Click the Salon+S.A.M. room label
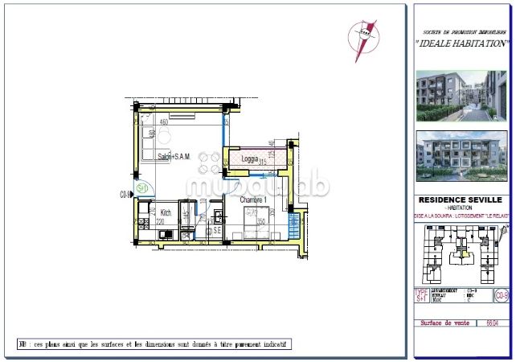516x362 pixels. pyautogui.click(x=173, y=157)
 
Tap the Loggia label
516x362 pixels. pyautogui.click(x=250, y=159)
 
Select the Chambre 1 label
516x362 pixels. pyautogui.click(x=252, y=200)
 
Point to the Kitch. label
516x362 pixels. pyautogui.click(x=165, y=213)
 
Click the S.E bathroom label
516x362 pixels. pyautogui.click(x=216, y=230)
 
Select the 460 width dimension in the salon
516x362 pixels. pyautogui.click(x=163, y=121)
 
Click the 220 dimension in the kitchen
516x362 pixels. pyautogui.click(x=160, y=222)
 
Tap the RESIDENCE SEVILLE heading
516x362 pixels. pyautogui.click(x=461, y=200)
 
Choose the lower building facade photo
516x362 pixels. pyautogui.click(x=461, y=159)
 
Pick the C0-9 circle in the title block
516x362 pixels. pyautogui.click(x=502, y=296)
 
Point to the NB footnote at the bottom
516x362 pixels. pyautogui.click(x=154, y=343)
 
